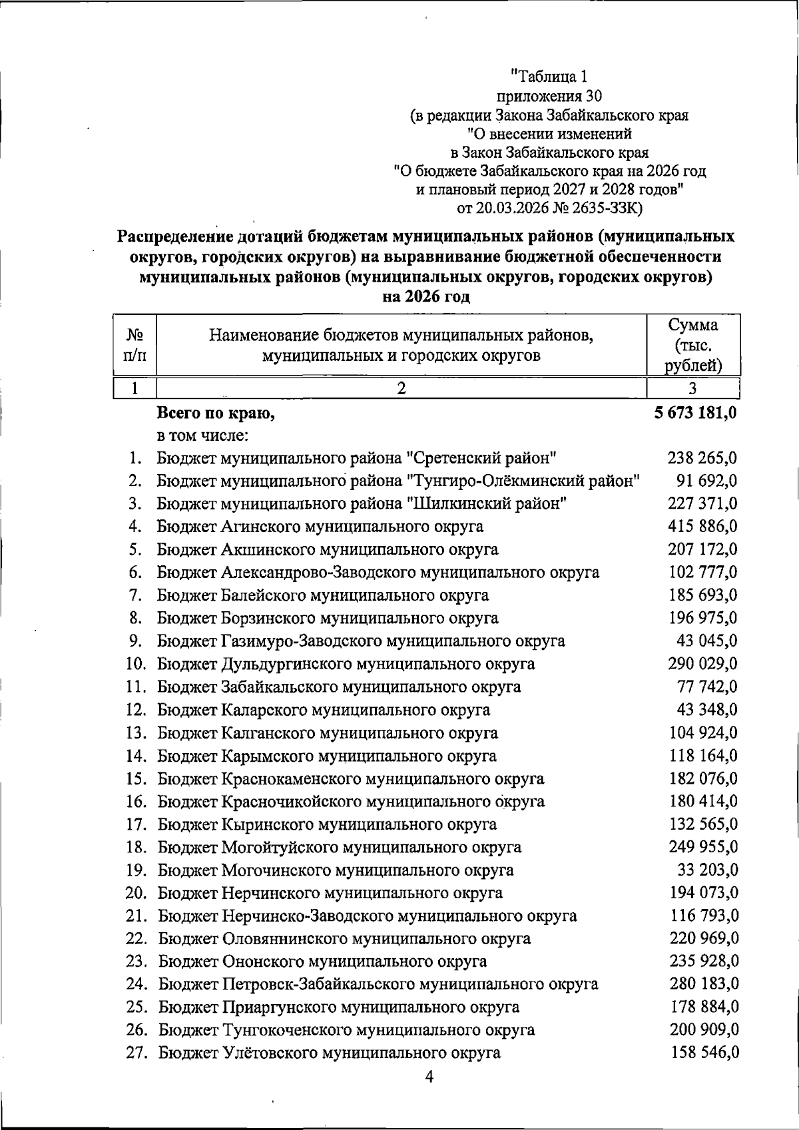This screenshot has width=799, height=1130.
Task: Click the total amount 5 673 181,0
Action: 695,413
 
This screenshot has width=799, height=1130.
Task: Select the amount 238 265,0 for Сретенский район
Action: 702,458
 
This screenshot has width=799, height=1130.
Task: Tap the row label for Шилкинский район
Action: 362,503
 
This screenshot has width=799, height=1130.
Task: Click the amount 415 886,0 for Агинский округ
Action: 702,527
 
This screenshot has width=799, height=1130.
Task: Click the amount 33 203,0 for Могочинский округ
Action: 706,870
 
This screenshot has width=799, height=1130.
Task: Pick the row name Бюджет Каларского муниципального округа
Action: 324,710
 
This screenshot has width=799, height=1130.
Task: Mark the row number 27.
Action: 136,1053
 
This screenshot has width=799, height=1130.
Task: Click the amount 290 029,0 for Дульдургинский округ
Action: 702,664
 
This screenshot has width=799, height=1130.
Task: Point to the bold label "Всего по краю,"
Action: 216,414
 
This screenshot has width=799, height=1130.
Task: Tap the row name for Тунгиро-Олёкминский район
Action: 398,481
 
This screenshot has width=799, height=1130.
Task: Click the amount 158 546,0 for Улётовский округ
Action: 703,1053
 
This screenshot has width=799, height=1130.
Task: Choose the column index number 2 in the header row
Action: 401,388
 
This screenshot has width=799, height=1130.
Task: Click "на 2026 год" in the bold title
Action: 426,296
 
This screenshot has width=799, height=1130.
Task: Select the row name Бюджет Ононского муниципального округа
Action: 322,962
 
